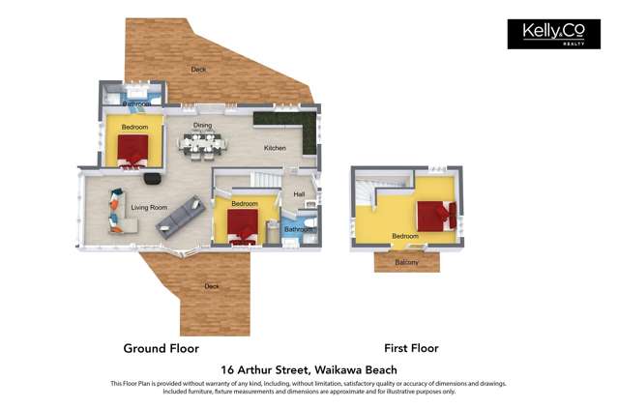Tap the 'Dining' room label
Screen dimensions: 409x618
[202, 126]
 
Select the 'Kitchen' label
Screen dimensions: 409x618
[276, 148]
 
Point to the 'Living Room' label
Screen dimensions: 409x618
[150, 207]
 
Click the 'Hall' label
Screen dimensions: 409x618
[299, 194]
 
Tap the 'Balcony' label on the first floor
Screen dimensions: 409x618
[407, 262]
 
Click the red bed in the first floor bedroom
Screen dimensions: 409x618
[435, 214]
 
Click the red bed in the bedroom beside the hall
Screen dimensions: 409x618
[242, 225]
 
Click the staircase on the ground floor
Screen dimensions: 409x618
[265, 181]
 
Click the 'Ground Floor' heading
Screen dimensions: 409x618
[161, 348]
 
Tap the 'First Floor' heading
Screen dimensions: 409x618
[411, 348]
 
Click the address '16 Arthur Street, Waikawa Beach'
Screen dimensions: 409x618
[309, 369]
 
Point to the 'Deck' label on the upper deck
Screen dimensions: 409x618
[198, 70]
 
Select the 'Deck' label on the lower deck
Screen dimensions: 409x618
[212, 286]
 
